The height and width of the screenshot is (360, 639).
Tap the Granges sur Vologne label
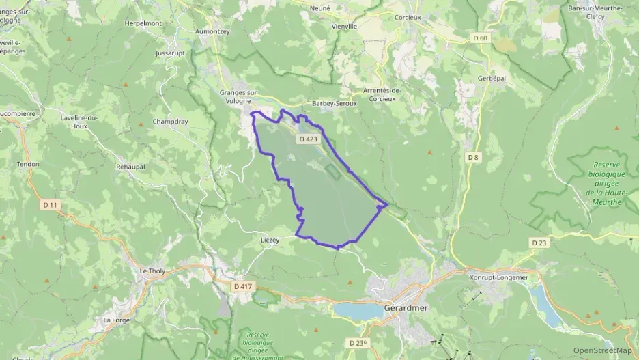pyautogui.click(x=239, y=97)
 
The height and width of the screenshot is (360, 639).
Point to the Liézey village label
pyautogui.click(x=270, y=240)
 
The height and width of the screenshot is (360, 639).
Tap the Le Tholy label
pyautogui.click(x=152, y=271)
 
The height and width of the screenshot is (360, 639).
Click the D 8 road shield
pyautogui.click(x=472, y=157)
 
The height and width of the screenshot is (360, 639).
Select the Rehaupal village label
pyautogui.click(x=132, y=166)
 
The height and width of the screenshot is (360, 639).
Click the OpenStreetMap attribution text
pyautogui.click(x=602, y=350)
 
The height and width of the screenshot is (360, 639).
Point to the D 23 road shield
pyautogui.click(x=539, y=243)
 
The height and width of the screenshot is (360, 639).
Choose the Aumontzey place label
pyautogui.click(x=212, y=31)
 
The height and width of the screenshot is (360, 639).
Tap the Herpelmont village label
pyautogui.click(x=143, y=23)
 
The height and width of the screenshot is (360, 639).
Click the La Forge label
pyautogui.click(x=115, y=320)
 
